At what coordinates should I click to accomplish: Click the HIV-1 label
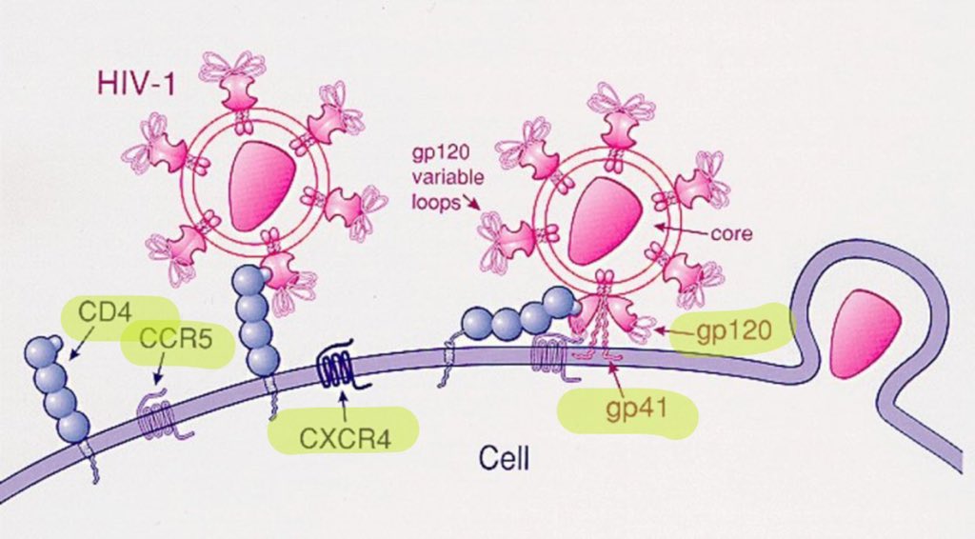[x=132, y=84]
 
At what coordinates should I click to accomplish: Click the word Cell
[x=504, y=461]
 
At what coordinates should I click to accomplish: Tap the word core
[x=729, y=231]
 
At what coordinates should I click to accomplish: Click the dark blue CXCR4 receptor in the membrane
[x=336, y=369]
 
